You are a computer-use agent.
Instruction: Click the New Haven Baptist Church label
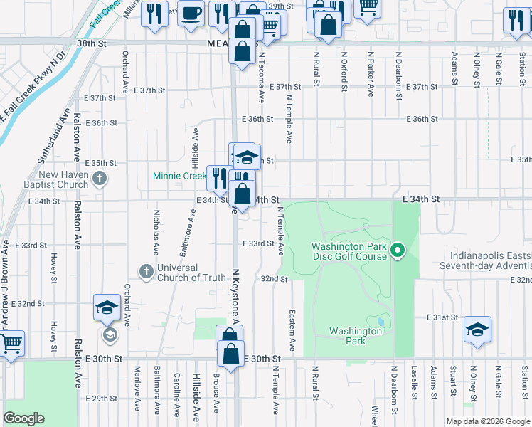[x=63, y=179]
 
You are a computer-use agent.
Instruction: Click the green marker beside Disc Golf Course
[x=398, y=250]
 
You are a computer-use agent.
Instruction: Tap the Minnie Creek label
[x=179, y=176]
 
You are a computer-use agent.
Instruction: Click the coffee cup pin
[x=191, y=14]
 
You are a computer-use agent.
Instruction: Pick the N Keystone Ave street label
[x=235, y=299]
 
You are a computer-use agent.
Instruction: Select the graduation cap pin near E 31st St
[x=477, y=329]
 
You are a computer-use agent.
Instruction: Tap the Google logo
[x=23, y=418]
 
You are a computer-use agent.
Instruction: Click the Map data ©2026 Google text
[x=487, y=421]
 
